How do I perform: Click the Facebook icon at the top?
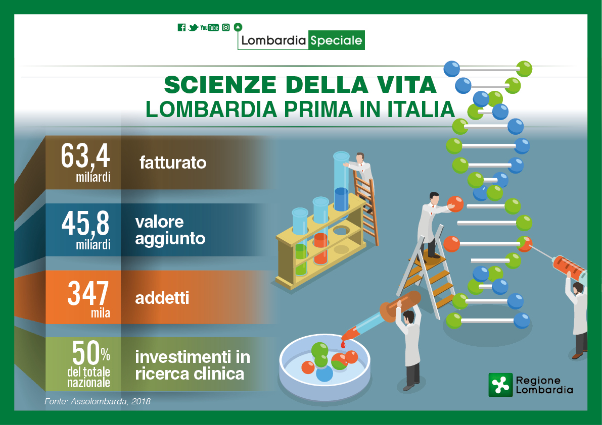point(181,27)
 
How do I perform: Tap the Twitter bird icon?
point(193,27)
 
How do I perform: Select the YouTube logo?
point(209,27)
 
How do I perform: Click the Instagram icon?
point(226,27)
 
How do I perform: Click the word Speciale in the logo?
point(336,40)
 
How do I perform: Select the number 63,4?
point(85,156)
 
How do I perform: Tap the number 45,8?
point(85,224)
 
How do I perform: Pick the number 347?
point(88,293)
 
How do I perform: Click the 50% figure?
point(91,353)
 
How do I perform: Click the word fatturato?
point(173,163)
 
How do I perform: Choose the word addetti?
point(162,298)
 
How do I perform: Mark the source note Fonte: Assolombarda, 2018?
point(98,401)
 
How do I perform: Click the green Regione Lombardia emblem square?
point(500,385)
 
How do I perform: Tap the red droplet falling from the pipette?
point(343,345)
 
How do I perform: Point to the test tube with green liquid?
point(300,241)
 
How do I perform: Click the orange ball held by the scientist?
point(455,204)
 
